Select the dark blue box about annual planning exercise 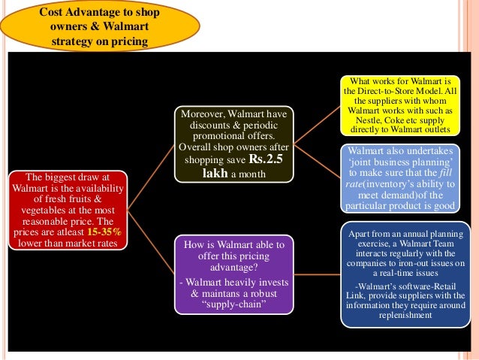pos(399,274)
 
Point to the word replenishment pos(399,316)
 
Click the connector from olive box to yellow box pos(316,124)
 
